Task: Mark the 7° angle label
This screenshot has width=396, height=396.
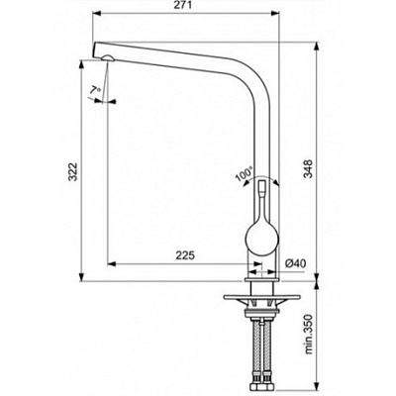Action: [x=96, y=91]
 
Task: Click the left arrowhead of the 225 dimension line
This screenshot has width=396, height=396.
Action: [x=109, y=264]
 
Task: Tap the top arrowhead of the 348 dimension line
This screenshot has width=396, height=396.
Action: [x=316, y=41]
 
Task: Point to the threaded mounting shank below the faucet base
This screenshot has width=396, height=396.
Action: [x=261, y=309]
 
